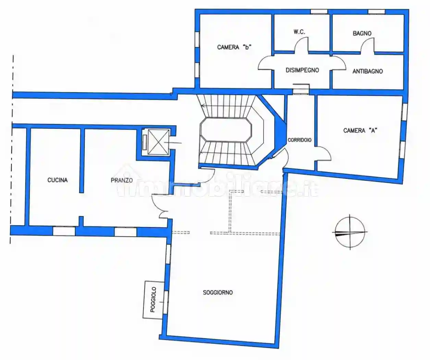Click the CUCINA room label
[58, 180]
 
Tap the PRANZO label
[122, 180]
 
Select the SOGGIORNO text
[218, 292]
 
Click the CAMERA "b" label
[234, 47]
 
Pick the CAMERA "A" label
[360, 130]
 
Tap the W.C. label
[299, 32]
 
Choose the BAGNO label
[362, 33]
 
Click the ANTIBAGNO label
[368, 71]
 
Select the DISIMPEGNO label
[302, 70]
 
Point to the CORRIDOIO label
[299, 140]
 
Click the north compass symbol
[350, 232]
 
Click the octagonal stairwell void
[226, 130]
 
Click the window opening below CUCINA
[64, 231]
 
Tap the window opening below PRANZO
[125, 232]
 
